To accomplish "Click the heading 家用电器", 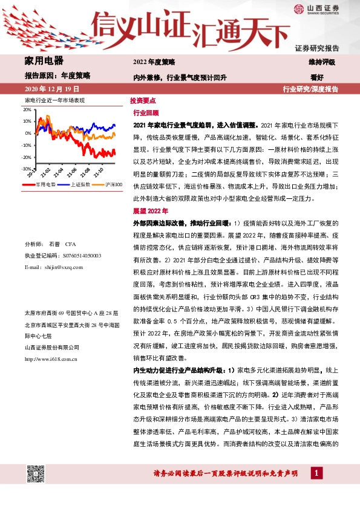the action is point(44,60).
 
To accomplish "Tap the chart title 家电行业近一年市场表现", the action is point(54,99).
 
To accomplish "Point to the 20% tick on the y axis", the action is point(27,111).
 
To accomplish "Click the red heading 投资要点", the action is point(143,101).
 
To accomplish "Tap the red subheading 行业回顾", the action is point(145,113).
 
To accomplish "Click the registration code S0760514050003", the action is point(76,256).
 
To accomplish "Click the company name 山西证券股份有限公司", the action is point(52,348).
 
